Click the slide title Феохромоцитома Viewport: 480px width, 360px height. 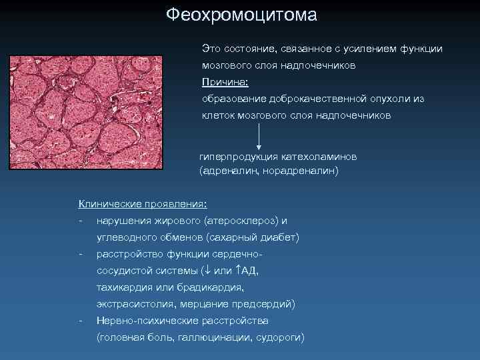[241, 15]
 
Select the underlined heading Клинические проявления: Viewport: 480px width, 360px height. [143, 203]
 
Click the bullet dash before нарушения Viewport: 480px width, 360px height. [81, 221]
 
